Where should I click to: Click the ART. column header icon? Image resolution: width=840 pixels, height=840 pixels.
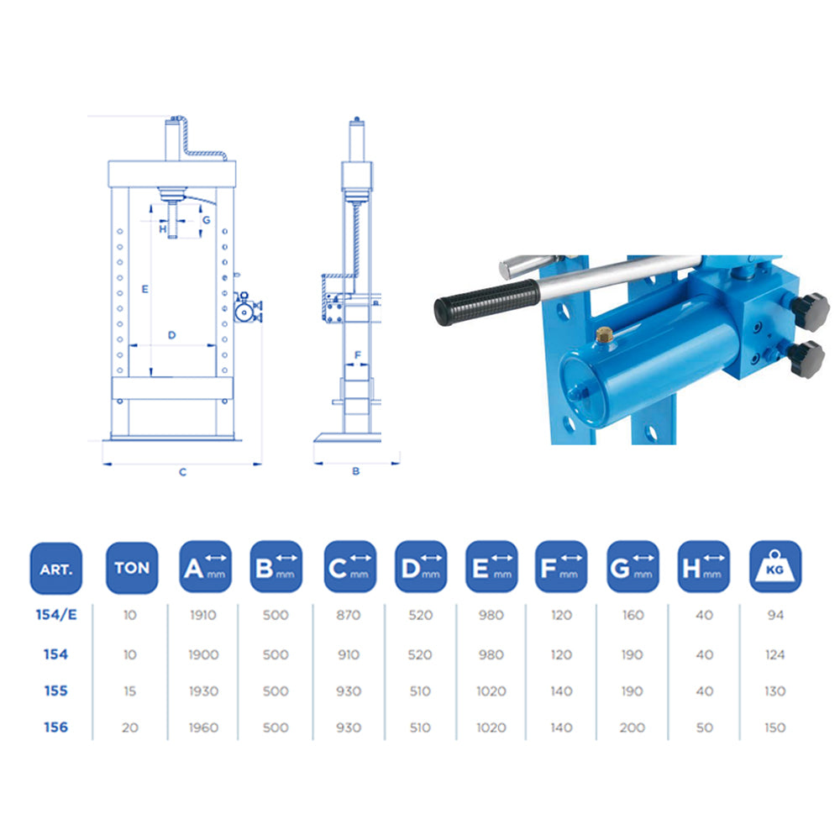pos(56,568)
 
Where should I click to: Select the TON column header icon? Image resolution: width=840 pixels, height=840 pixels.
pos(131,568)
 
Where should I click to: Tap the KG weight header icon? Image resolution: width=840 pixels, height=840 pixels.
pos(775,568)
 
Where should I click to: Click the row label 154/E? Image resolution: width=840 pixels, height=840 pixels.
pos(56,615)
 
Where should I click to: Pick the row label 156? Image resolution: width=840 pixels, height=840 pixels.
pos(56,727)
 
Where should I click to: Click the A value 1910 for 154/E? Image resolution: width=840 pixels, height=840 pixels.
pos(203,615)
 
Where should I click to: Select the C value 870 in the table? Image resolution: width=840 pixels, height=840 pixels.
pos(348,615)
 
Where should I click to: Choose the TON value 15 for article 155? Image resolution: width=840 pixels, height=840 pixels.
pos(129,691)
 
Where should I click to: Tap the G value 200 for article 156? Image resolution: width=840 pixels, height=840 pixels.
pos(633,727)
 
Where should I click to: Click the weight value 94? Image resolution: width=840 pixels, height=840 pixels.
pos(775,615)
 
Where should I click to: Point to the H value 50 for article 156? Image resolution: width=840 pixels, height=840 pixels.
pos(704,727)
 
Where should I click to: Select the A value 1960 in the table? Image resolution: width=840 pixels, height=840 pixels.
pos(203,727)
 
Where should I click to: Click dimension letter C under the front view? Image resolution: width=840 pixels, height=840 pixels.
pos(182,472)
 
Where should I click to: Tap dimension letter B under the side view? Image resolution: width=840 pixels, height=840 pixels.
pos(355,471)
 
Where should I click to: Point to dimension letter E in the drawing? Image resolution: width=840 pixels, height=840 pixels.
pos(144,289)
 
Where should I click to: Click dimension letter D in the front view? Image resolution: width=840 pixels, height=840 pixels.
pos(171,335)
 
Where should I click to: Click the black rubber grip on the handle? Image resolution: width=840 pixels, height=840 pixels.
pos(486,302)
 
